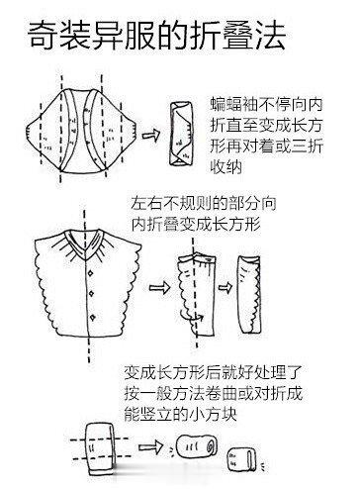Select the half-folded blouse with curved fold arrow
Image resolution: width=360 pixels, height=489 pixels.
194,288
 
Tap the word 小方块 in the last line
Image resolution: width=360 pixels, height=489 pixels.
211,416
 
